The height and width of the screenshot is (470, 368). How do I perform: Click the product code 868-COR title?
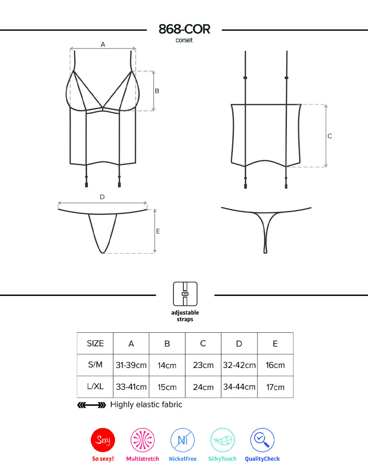tap(184, 29)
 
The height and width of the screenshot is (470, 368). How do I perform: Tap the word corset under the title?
tap(184, 40)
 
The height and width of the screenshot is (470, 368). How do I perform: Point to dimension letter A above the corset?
tap(103, 44)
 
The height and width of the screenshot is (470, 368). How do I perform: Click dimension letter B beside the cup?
tap(157, 91)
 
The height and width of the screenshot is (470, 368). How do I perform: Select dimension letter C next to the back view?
tap(330, 136)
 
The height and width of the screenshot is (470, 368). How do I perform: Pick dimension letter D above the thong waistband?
tap(102, 197)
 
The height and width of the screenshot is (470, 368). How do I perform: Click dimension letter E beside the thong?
tap(158, 231)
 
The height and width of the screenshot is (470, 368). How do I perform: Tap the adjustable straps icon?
tap(185, 294)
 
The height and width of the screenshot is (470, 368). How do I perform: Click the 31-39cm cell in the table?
tap(131, 365)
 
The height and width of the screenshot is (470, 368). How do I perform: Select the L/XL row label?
tap(95, 386)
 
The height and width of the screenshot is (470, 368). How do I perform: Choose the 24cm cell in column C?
tap(203, 387)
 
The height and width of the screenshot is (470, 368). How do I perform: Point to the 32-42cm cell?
tap(239, 365)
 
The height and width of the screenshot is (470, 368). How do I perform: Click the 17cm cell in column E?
tap(275, 387)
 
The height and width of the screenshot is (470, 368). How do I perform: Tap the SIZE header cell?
tap(95, 343)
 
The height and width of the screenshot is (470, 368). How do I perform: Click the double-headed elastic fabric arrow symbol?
tap(92, 405)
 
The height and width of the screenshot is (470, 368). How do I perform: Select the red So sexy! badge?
tap(103, 440)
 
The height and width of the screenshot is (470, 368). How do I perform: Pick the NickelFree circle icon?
tap(182, 440)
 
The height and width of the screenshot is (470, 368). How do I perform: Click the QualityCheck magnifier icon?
tap(262, 440)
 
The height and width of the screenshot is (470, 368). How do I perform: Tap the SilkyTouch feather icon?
tap(222, 440)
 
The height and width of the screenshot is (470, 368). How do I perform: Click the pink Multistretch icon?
tap(143, 440)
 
